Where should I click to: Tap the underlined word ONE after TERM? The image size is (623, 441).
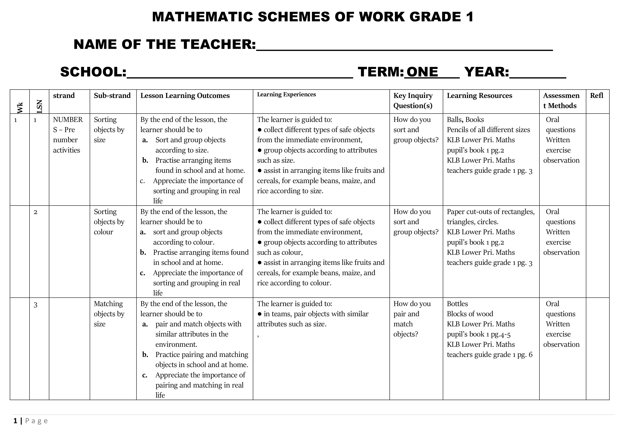[x=422, y=72]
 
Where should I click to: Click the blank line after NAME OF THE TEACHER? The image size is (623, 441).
[x=404, y=46]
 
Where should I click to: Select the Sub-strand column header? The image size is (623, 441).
[x=112, y=96]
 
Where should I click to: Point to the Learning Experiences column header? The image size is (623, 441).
[x=286, y=95]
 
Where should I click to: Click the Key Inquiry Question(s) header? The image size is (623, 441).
[x=413, y=100]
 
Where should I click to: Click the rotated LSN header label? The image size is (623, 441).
[x=39, y=106]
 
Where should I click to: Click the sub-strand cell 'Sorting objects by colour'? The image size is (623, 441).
[x=109, y=222]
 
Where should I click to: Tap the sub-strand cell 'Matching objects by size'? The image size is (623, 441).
[x=109, y=314]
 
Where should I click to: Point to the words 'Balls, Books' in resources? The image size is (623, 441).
[x=465, y=120]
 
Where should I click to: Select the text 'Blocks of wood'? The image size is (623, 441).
[x=470, y=314]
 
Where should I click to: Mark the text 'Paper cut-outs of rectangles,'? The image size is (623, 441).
[x=491, y=212]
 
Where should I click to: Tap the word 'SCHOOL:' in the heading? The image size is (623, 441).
[x=93, y=72]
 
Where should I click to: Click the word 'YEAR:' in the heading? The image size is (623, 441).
[x=486, y=72]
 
